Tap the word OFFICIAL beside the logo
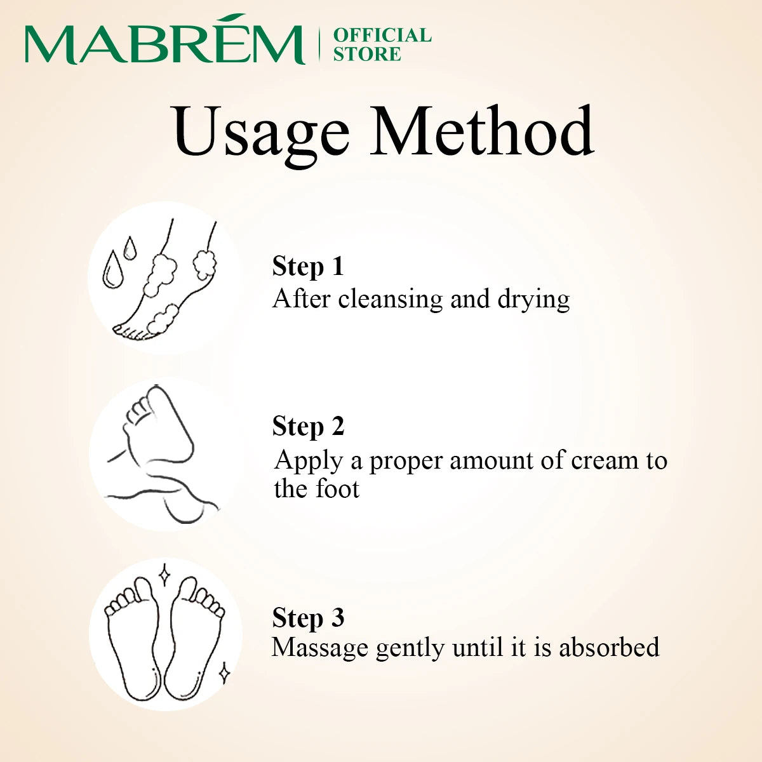coord(382,35)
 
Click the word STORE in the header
coord(367,54)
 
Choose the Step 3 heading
coord(308,618)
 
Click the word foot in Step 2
coord(337,489)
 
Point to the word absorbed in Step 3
coord(609,647)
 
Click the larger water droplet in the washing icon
coord(112,269)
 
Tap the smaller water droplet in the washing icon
coord(130,248)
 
